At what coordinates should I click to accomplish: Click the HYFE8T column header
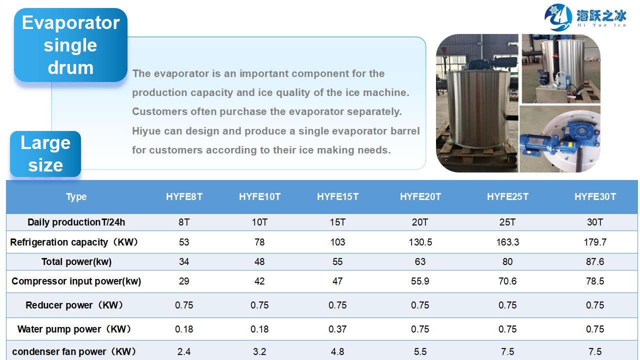tap(184, 196)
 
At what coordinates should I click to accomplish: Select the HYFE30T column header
tap(595, 196)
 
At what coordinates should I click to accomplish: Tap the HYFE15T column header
tap(337, 196)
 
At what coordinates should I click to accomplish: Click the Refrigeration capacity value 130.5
tap(420, 242)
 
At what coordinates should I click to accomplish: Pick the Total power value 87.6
tap(595, 261)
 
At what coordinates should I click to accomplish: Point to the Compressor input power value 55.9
tap(420, 281)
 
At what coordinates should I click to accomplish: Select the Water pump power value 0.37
tap(337, 329)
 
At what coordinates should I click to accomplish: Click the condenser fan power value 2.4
tap(184, 351)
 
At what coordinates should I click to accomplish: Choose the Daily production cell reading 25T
tap(507, 222)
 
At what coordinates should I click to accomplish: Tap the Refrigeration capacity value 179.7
tap(595, 242)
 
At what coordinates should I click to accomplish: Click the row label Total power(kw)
tap(76, 261)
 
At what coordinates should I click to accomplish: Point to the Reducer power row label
tap(74, 305)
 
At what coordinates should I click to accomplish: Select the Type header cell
tap(76, 197)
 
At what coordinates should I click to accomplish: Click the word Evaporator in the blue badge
tap(70, 22)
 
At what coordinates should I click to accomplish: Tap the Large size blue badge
tap(45, 153)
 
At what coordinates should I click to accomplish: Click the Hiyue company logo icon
tap(558, 17)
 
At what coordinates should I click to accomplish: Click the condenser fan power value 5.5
tap(420, 351)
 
